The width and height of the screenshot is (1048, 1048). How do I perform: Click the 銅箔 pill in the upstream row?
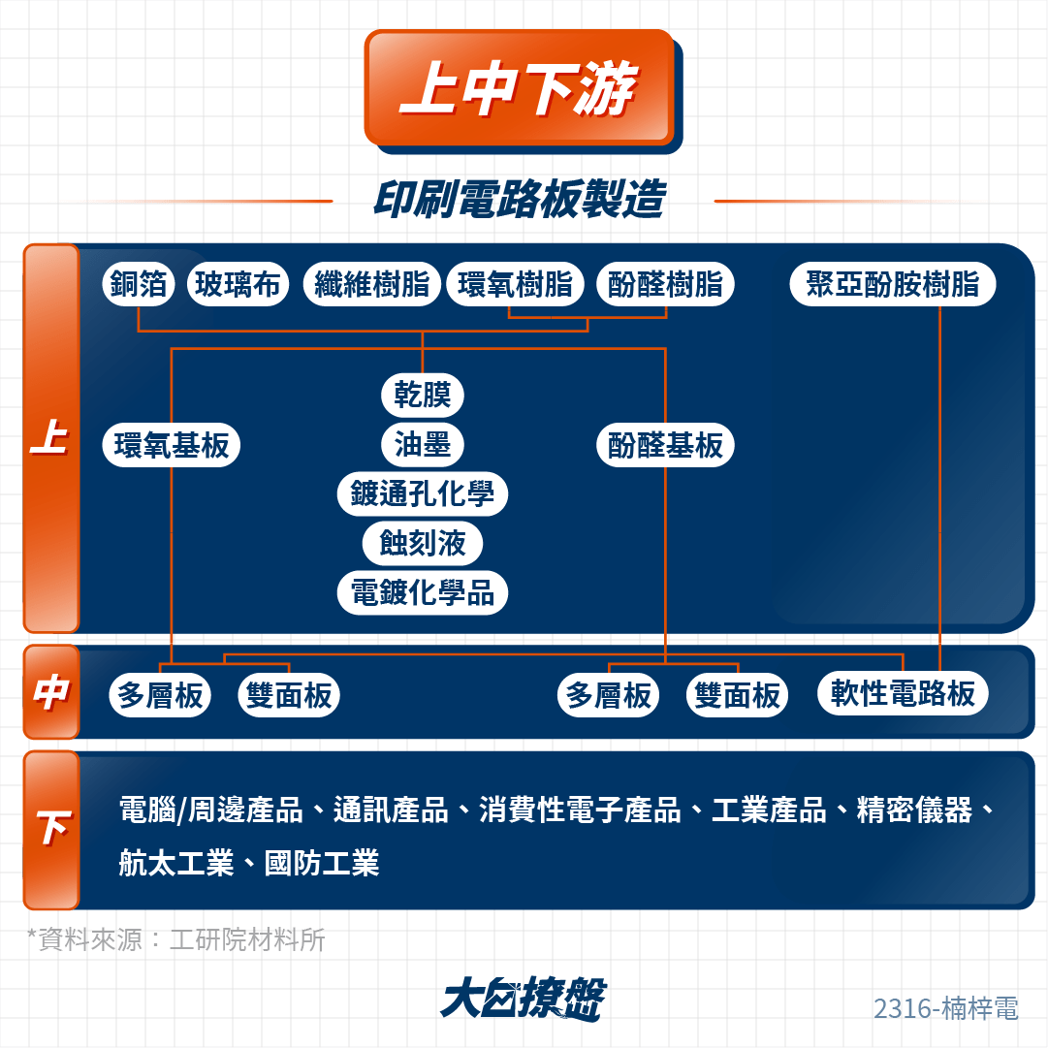139,284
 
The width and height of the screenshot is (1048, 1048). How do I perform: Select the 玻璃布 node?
238,284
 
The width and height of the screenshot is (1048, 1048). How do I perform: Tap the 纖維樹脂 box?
371,284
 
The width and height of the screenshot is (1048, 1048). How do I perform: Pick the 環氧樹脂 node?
516,284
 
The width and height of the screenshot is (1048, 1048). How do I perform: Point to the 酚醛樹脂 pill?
665,284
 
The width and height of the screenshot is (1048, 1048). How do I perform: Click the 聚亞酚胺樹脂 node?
892,284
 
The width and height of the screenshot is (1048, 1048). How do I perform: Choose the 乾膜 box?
423,395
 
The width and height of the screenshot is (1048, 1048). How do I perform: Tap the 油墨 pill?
423,444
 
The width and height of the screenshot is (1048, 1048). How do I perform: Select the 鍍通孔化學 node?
423,493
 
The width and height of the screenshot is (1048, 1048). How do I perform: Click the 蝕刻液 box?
423,543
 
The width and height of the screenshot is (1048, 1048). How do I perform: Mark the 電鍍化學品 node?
423,592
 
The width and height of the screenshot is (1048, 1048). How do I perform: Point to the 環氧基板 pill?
171,444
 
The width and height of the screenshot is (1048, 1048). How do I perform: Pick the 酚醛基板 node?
665,444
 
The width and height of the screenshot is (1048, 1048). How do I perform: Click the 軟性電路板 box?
903,693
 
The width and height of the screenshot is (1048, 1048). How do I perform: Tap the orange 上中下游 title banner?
520,87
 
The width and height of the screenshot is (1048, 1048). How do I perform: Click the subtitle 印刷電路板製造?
520,199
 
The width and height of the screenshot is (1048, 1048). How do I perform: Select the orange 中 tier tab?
51,692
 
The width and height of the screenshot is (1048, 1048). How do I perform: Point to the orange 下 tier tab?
51,830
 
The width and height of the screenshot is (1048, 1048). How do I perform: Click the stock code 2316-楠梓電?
946,1008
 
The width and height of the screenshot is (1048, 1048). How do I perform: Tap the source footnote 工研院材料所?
247,939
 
